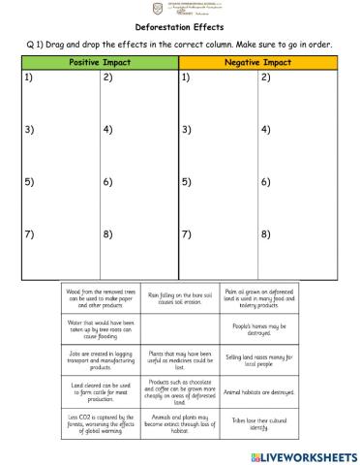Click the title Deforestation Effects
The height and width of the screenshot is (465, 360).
pos(180,30)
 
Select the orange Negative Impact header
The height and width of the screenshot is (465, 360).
pos(258,62)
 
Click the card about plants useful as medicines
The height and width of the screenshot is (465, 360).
pos(180,361)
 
